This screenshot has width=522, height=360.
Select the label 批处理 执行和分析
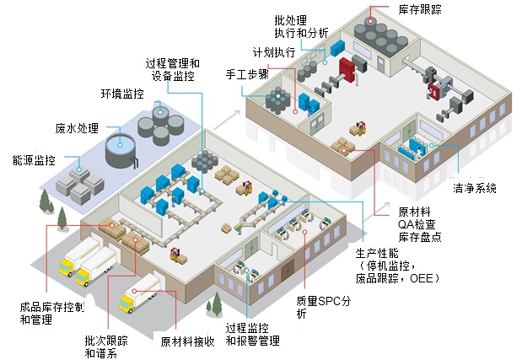[303, 26]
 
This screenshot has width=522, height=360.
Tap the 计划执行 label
[274, 52]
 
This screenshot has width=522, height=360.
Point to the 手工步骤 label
[247, 74]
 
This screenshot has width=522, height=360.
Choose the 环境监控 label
[122, 93]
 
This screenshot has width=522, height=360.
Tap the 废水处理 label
[78, 129]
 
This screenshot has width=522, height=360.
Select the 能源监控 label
[35, 159]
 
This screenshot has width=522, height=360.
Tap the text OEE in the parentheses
[424, 277]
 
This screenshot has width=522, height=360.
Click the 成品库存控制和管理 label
[51, 314]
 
